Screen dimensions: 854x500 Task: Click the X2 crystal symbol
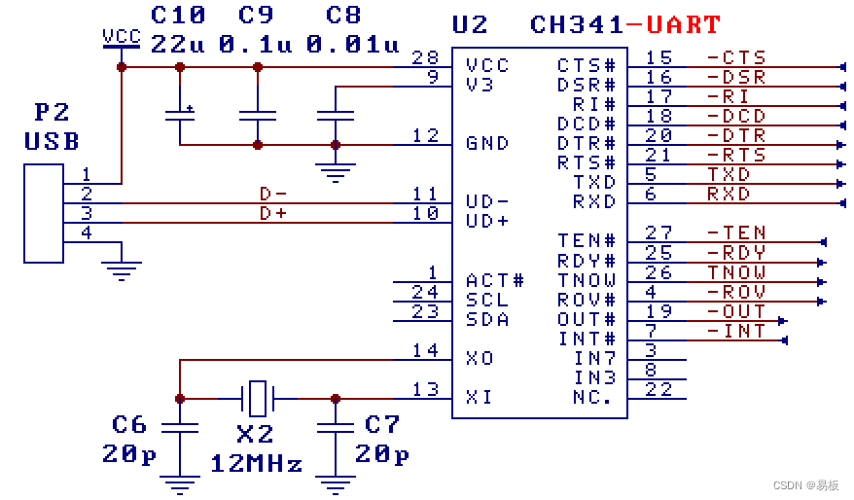(257, 399)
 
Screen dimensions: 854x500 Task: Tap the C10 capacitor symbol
(180, 116)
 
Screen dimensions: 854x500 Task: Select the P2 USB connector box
(44, 213)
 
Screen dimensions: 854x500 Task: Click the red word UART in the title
(684, 25)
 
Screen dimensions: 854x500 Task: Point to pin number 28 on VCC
(425, 57)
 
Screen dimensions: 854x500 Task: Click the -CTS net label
(736, 57)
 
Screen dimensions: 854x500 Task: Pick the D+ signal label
(273, 213)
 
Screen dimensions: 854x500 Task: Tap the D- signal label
(273, 194)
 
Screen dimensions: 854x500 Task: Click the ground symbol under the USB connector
(121, 270)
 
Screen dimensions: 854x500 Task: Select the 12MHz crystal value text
(256, 463)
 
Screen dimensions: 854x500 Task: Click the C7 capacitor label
(382, 424)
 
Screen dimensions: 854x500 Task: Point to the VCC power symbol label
(122, 37)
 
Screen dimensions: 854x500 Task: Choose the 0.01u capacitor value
(353, 44)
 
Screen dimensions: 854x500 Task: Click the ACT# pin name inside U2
(494, 280)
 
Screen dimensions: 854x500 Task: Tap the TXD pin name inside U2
(594, 182)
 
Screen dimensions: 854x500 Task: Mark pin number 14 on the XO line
(425, 350)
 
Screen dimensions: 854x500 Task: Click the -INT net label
(736, 331)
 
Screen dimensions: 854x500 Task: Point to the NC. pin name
(592, 397)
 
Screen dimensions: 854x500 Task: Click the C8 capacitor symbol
(336, 116)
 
